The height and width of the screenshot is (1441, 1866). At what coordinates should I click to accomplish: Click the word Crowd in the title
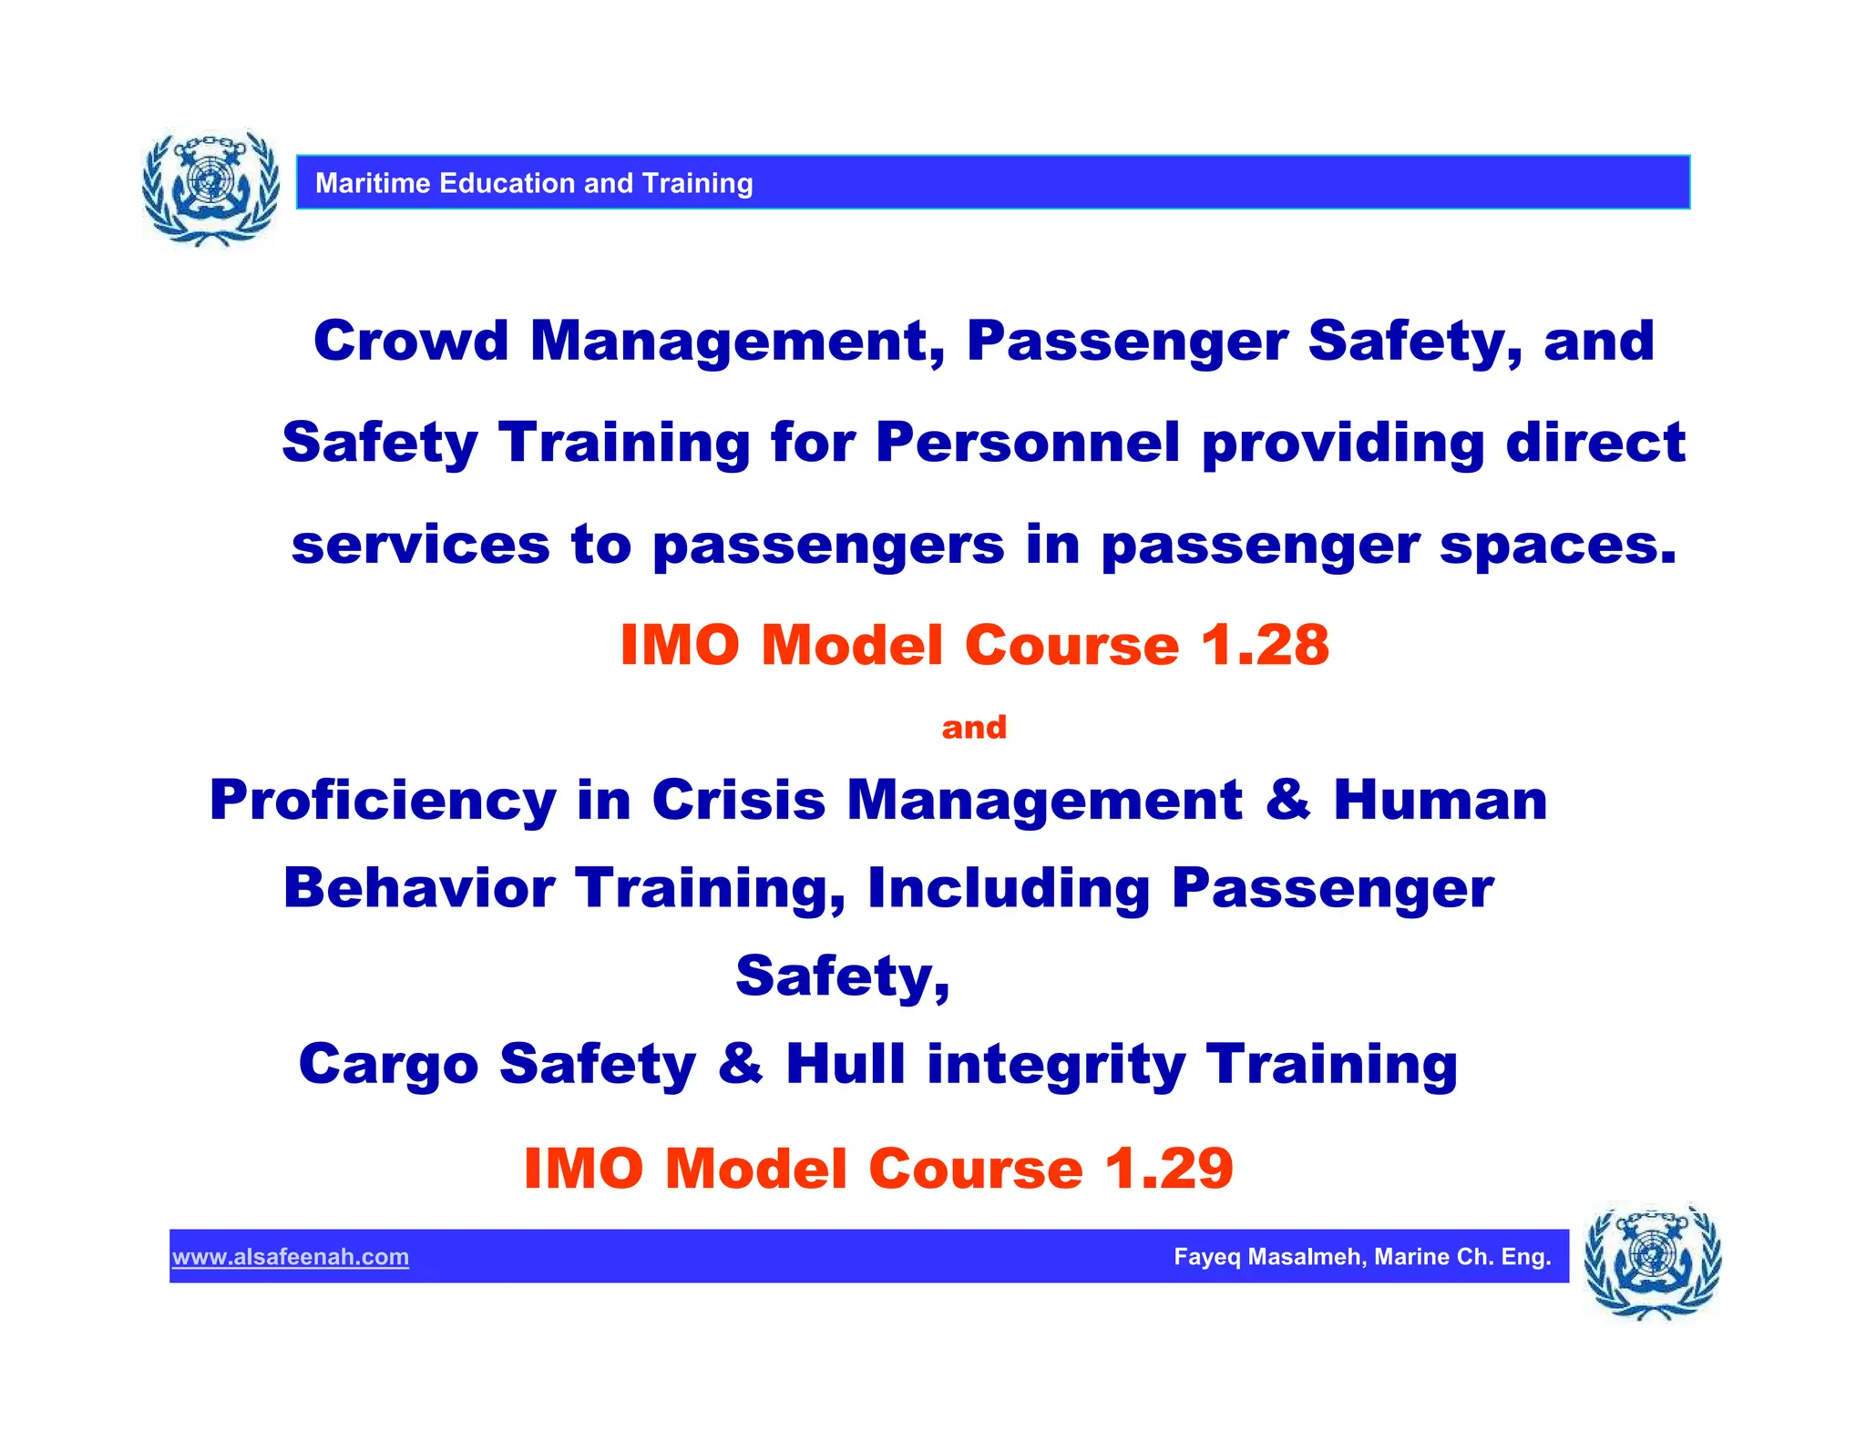[411, 342]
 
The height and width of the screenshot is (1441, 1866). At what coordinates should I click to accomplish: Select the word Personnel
[1028, 444]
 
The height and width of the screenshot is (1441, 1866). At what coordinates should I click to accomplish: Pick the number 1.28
[1265, 645]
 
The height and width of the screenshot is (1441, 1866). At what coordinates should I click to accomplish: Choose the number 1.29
[1169, 1168]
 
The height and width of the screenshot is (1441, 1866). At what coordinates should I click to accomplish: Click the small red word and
[974, 727]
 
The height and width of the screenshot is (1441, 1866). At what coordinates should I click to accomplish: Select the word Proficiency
[383, 801]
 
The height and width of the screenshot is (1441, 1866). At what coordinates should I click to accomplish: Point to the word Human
[1440, 801]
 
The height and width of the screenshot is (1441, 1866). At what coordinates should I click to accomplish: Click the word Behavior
[419, 888]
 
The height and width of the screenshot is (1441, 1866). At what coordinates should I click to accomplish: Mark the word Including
[1009, 889]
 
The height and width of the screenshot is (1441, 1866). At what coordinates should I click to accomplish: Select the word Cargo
[388, 1064]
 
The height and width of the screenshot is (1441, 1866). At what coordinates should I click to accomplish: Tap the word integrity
[1056, 1066]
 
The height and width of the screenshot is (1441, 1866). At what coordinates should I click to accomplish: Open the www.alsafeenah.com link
[291, 1257]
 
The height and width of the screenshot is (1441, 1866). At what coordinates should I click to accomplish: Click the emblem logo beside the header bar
[210, 187]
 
